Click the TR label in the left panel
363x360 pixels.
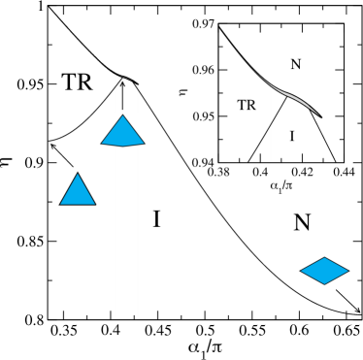pyautogui.click(x=77, y=83)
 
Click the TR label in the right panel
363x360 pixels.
pyautogui.click(x=247, y=105)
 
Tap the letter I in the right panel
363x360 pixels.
pyautogui.click(x=291, y=137)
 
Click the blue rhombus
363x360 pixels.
pyautogui.click(x=324, y=271)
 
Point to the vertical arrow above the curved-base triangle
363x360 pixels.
pyautogui.click(x=123, y=97)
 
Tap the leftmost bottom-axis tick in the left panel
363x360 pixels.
pyautogui.click(x=64, y=314)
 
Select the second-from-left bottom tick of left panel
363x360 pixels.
pyautogui.click(x=87, y=314)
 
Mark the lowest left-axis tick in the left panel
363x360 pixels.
pyautogui.click(x=51, y=280)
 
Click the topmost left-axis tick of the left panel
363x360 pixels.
pyautogui.click(x=51, y=45)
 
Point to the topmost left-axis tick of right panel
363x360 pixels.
pyautogui.click(x=222, y=49)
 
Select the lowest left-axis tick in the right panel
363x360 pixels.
pyautogui.click(x=222, y=140)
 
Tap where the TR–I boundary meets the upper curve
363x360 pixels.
pyautogui.click(x=286, y=95)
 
